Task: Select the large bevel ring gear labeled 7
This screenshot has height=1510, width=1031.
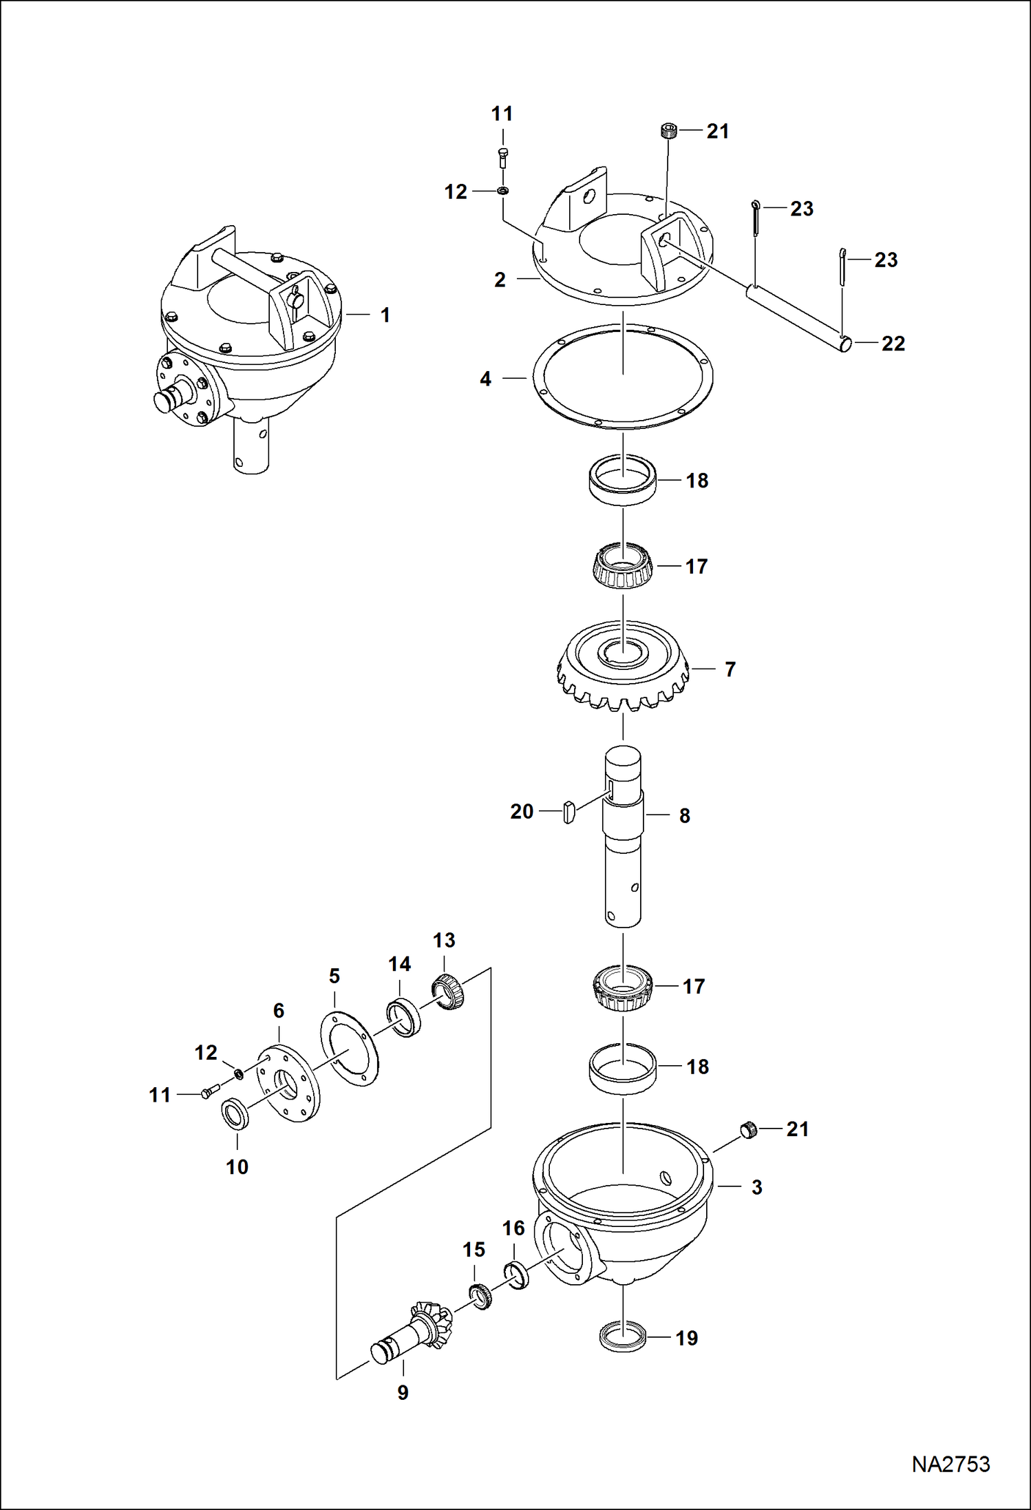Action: click(x=624, y=667)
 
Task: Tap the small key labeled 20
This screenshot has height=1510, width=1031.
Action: click(x=568, y=812)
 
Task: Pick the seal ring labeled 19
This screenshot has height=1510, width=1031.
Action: click(x=623, y=1337)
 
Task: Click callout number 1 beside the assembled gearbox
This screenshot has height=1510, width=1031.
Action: click(x=385, y=315)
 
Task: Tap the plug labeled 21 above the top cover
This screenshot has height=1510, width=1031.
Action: click(x=668, y=130)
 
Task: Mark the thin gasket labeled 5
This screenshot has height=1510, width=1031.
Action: click(x=349, y=1048)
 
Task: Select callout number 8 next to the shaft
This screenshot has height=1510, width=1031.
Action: click(x=685, y=816)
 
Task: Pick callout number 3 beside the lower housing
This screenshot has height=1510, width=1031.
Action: click(x=756, y=1188)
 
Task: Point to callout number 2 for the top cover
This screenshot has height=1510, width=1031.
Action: click(x=500, y=280)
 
